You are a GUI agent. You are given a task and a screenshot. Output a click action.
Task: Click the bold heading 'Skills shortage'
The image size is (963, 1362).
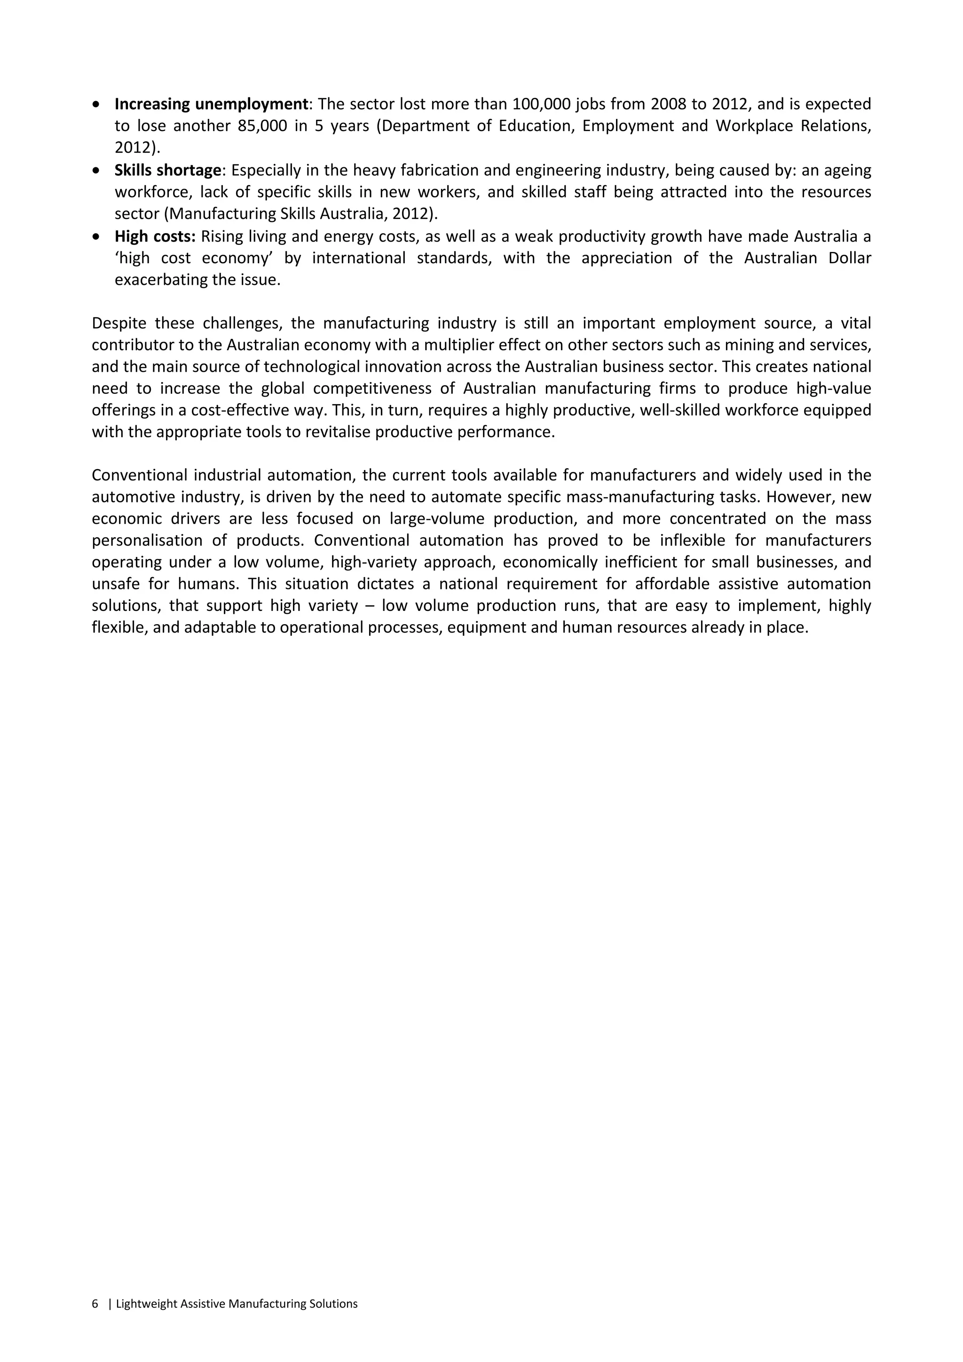168,171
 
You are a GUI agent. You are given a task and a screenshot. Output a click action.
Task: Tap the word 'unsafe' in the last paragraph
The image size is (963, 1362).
116,584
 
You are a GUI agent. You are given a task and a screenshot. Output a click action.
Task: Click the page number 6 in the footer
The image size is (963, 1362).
95,1304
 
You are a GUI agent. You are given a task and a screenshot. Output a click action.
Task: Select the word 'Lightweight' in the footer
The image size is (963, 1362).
147,1304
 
